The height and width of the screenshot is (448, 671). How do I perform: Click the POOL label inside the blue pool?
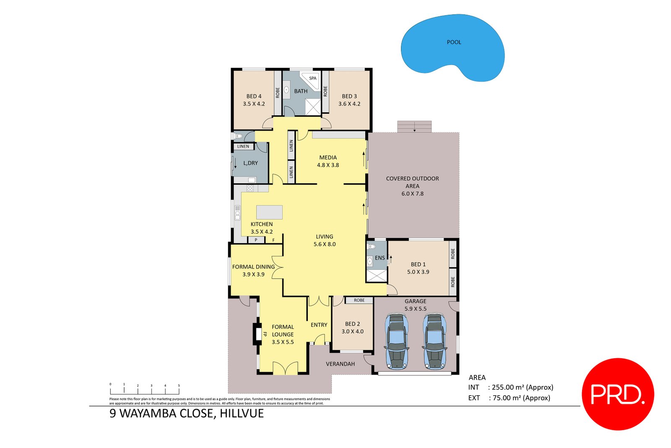454,42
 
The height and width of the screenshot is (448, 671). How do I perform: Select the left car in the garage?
396,342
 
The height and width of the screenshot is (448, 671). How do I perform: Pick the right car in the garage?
434,342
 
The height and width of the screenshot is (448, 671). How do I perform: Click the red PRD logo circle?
617,394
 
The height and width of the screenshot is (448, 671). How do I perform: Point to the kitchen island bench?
269,212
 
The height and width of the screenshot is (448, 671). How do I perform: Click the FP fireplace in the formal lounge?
257,334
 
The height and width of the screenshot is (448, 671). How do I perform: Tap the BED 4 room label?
254,96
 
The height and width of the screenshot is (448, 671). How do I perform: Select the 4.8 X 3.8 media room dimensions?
328,165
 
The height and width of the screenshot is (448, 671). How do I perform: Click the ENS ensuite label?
380,258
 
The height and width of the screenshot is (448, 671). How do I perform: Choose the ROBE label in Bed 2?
359,300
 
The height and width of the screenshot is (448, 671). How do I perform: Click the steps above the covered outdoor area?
414,126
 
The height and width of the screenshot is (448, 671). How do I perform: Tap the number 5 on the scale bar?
179,385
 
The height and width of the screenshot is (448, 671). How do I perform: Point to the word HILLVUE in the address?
242,414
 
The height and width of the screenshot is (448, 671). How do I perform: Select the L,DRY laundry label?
250,163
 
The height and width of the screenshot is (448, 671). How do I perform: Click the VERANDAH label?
340,364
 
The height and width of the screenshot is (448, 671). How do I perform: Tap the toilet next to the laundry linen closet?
238,136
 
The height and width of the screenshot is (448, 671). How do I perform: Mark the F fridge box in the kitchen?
273,240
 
